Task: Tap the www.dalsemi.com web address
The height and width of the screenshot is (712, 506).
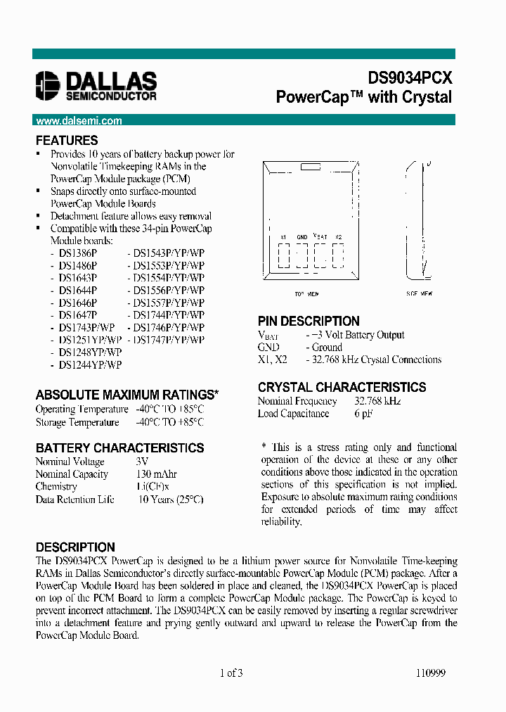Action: pyautogui.click(x=79, y=120)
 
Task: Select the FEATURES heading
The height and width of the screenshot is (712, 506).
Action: pyautogui.click(x=67, y=141)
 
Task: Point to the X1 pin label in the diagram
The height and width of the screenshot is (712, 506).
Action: pyautogui.click(x=283, y=238)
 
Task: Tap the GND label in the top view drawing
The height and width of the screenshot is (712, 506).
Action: pyautogui.click(x=302, y=238)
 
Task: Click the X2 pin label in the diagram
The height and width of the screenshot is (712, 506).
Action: pyautogui.click(x=339, y=238)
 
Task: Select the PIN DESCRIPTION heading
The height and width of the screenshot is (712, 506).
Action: pyautogui.click(x=309, y=322)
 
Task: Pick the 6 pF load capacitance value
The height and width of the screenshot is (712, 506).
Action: pyautogui.click(x=363, y=414)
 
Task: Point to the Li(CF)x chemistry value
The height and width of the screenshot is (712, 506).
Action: pyautogui.click(x=153, y=487)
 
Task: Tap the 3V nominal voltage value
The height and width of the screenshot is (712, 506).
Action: pyautogui.click(x=142, y=462)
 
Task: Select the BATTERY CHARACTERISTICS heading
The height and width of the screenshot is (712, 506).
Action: pyautogui.click(x=119, y=448)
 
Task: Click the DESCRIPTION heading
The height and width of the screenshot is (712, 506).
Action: pyautogui.click(x=75, y=547)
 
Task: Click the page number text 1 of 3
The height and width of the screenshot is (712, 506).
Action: pyautogui.click(x=231, y=673)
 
